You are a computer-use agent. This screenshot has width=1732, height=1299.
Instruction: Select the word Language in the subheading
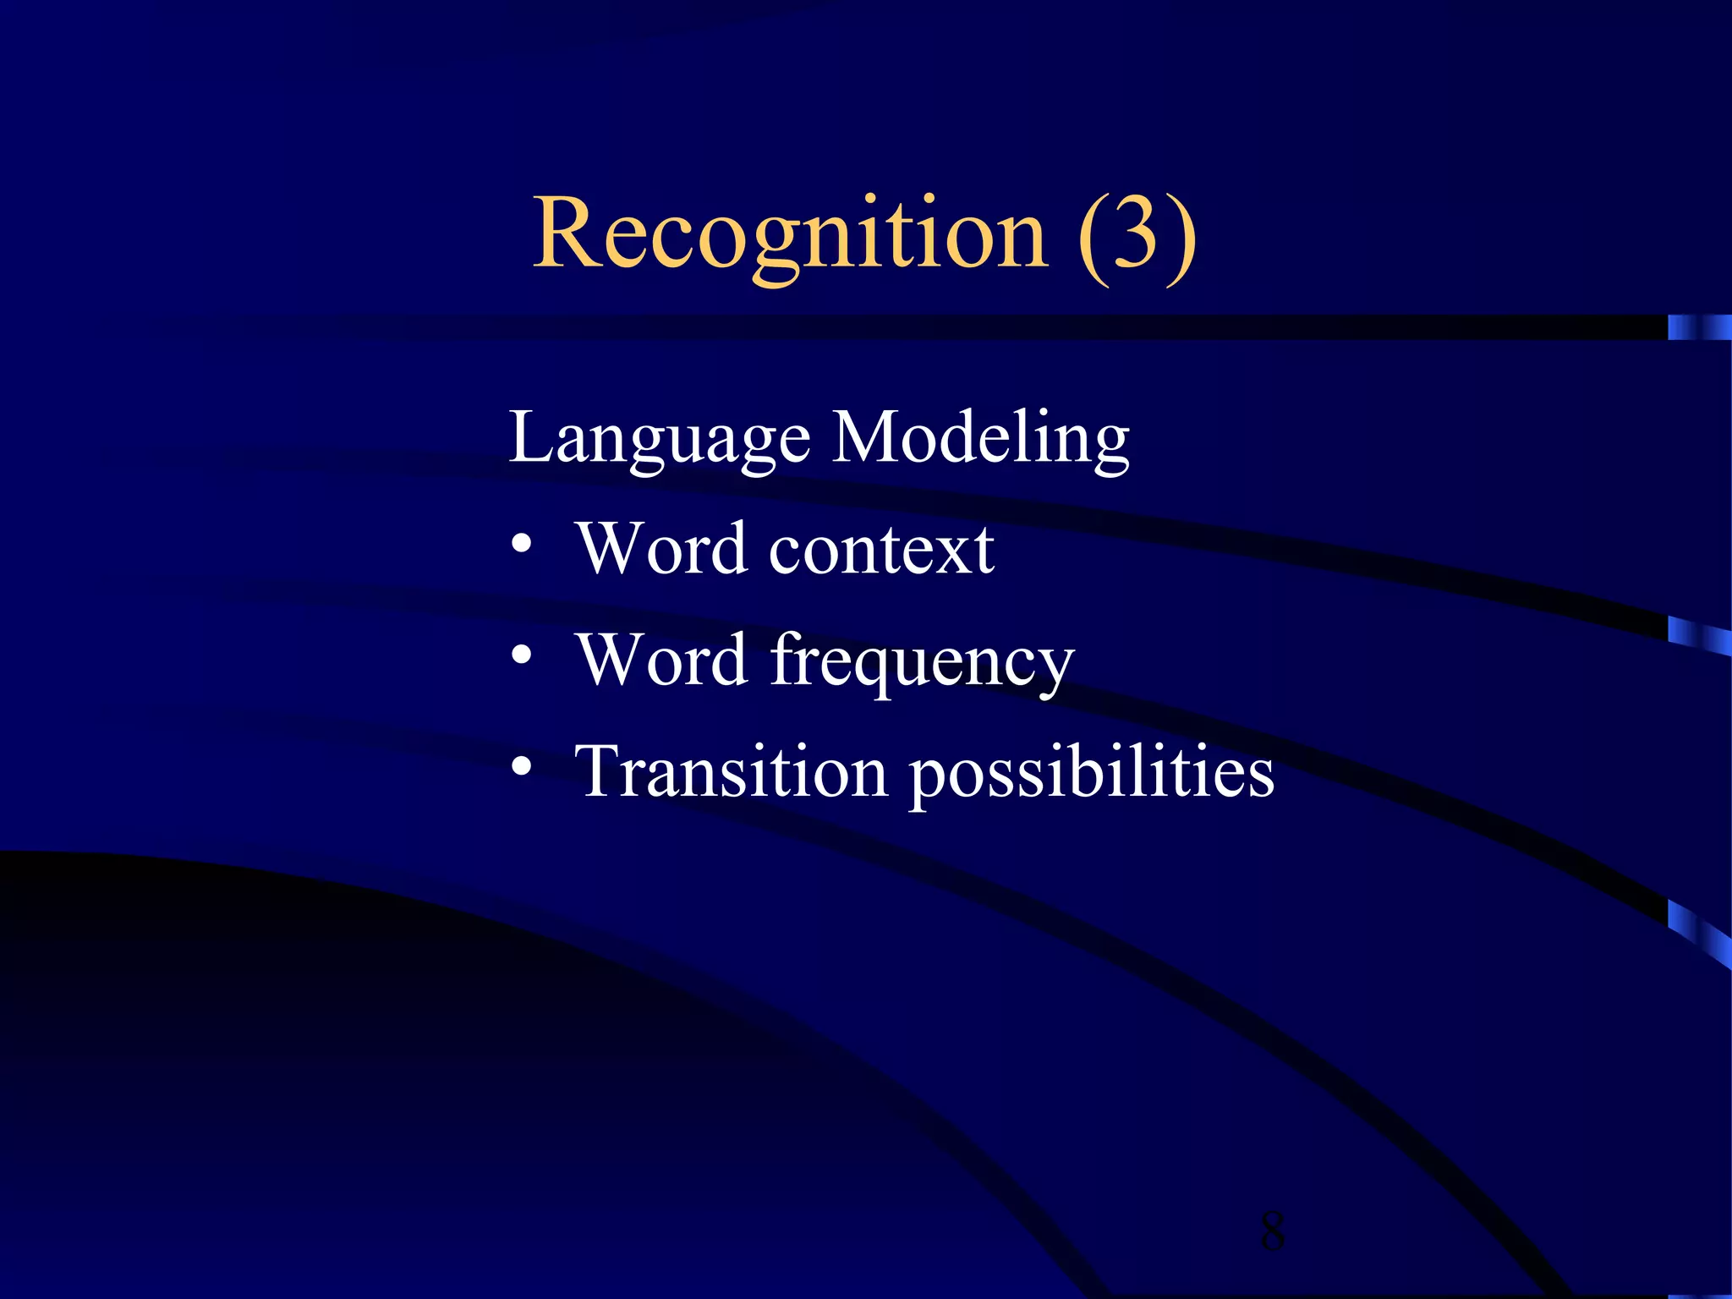660,438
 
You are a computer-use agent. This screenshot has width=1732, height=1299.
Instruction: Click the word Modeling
981,438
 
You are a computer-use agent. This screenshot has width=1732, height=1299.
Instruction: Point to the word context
881,550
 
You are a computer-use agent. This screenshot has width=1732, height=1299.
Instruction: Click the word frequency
922,662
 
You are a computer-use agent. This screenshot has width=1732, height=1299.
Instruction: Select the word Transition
731,771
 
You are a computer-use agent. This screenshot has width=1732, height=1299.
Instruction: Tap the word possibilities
1092,774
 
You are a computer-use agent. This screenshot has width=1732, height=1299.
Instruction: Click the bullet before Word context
522,545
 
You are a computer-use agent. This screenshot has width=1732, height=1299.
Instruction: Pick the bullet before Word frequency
522,655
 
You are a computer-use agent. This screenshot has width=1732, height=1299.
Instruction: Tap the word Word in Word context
661,550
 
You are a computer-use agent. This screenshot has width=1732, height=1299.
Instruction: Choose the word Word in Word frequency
661,660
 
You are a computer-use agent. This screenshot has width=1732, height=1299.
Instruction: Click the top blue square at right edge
1699,327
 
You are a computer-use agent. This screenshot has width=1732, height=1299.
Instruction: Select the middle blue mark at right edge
1699,635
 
